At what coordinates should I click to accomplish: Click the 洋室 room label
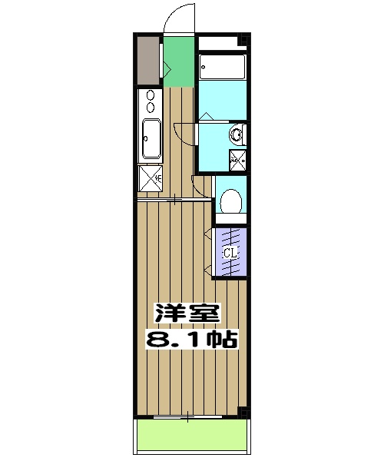click(x=187, y=313)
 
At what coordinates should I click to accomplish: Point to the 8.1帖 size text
click(x=191, y=338)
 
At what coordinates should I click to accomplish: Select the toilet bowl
click(x=230, y=201)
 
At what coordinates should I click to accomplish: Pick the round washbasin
click(x=237, y=136)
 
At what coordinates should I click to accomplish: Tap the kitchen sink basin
click(x=150, y=138)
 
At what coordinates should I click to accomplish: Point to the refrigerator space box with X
click(x=149, y=178)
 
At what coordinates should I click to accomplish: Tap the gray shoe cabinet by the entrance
click(x=147, y=60)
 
